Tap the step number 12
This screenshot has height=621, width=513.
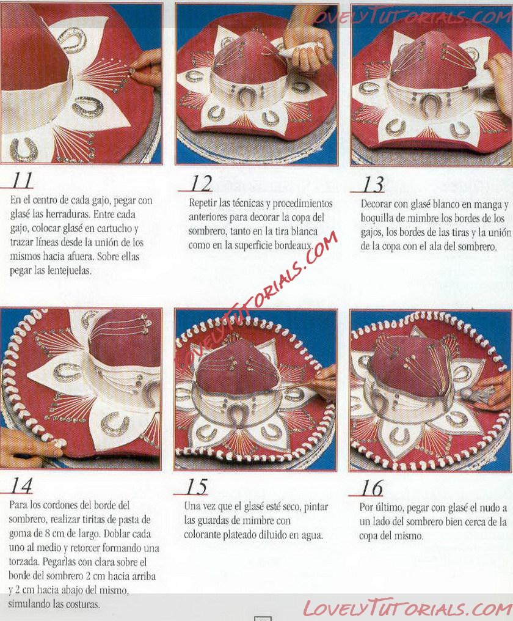[201, 183]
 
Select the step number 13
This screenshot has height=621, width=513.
[373, 184]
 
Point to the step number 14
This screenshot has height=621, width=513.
[21, 485]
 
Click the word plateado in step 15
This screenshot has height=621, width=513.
[240, 535]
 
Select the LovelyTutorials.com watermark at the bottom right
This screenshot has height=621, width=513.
[407, 608]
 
